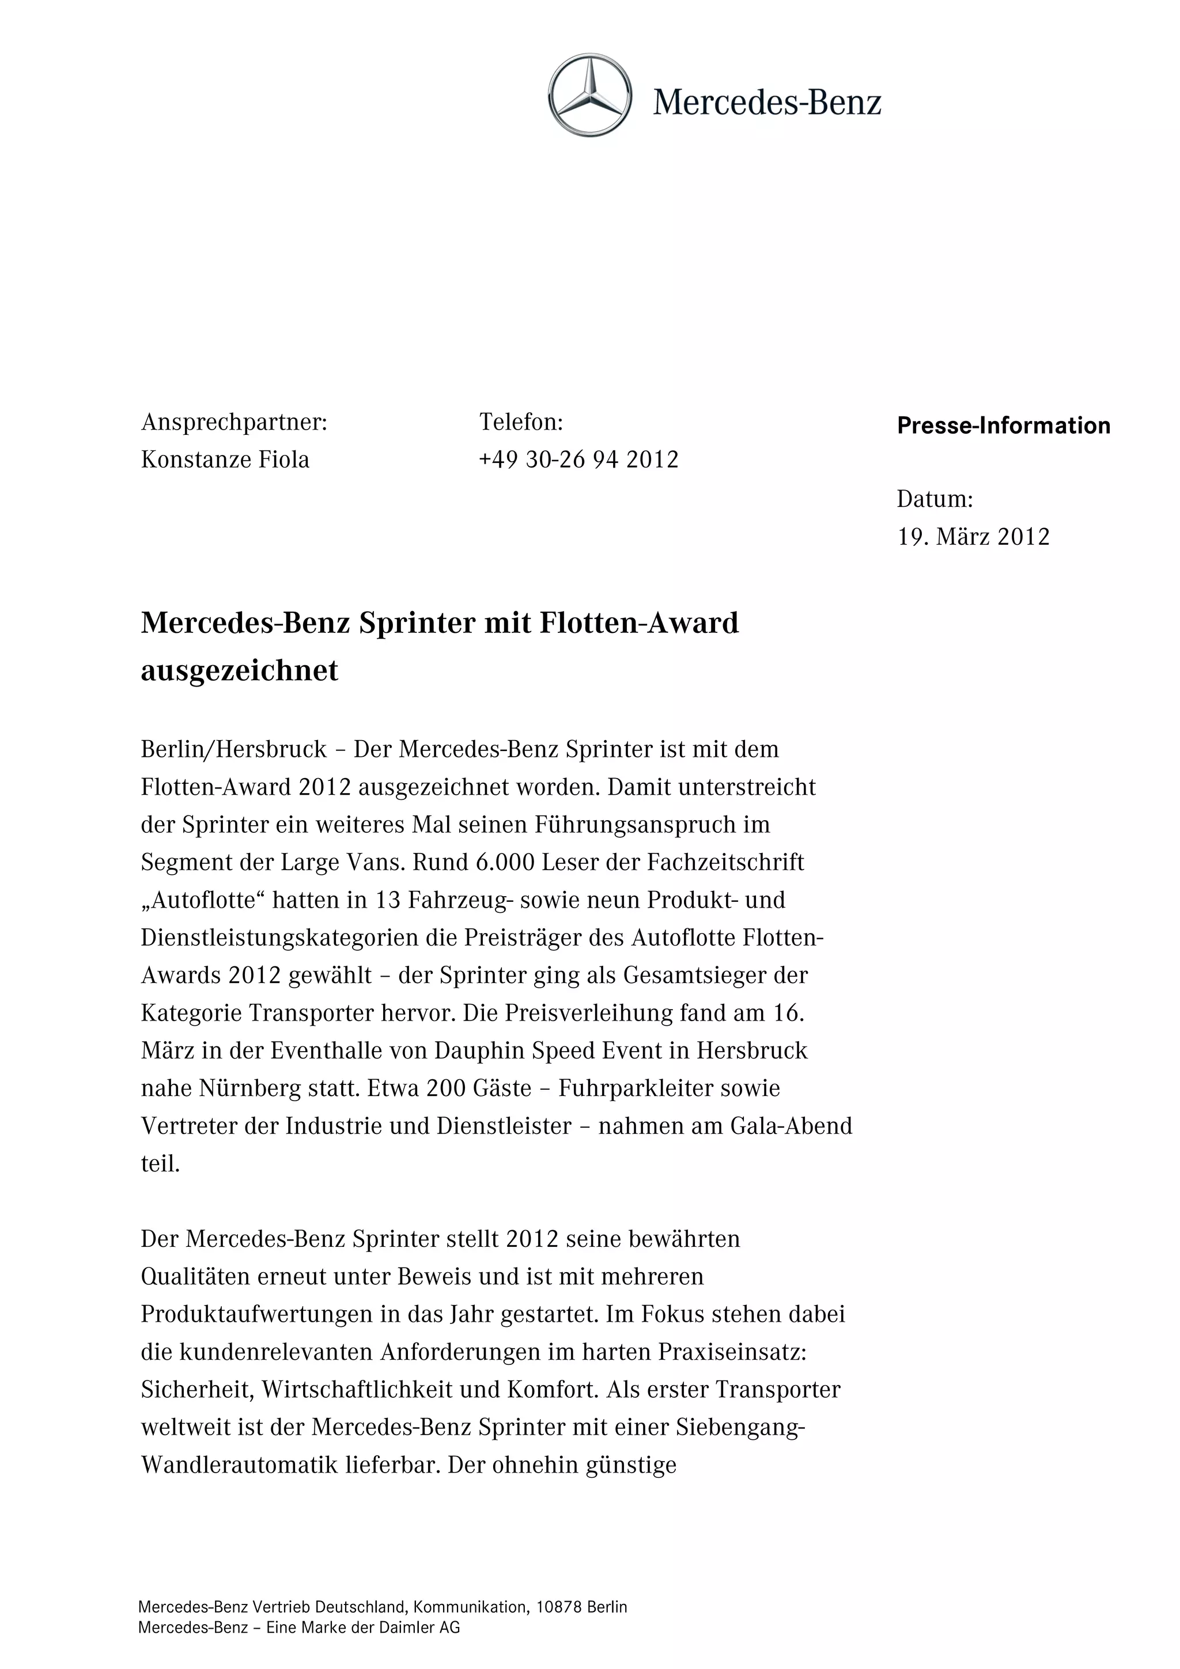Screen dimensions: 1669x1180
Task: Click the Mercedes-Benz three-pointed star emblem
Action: [589, 95]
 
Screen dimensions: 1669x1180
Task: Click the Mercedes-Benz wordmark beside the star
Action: [766, 103]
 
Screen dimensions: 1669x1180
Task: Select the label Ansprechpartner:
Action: [234, 422]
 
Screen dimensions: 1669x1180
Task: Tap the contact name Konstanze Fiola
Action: [225, 460]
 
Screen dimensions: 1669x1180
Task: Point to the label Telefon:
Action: [520, 422]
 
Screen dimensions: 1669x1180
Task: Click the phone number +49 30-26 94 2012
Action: [578, 460]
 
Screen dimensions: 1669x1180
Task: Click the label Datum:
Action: [934, 499]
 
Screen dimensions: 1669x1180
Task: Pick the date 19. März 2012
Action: [973, 537]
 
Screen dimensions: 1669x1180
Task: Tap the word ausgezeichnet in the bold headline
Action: [239, 671]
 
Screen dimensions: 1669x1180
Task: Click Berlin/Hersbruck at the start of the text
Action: [234, 749]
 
